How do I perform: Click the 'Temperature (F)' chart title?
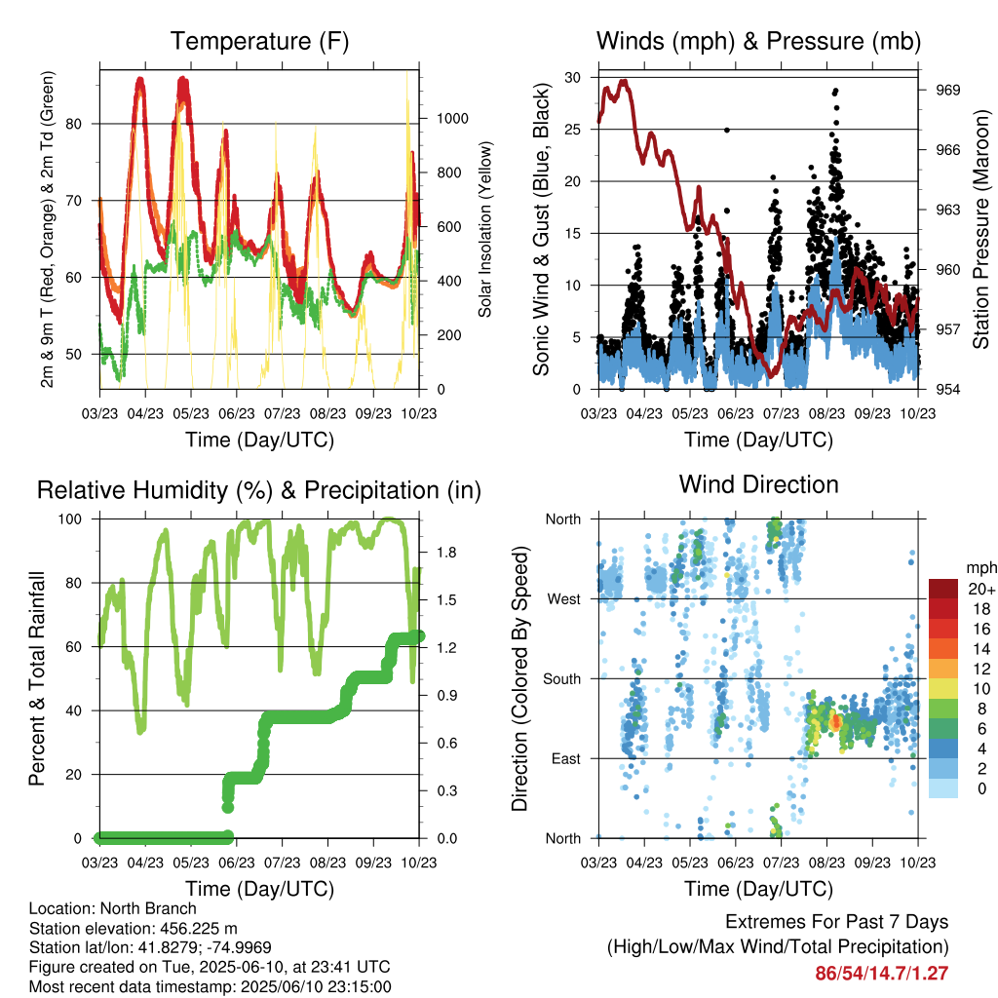point(259,41)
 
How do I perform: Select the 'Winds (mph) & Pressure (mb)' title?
point(758,41)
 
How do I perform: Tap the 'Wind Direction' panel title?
point(758,484)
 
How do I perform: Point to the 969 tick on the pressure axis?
point(947,91)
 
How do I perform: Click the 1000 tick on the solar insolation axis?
point(452,118)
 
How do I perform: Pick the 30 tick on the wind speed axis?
point(573,78)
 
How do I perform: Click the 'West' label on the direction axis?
point(564,599)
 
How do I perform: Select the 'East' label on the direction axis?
point(566,758)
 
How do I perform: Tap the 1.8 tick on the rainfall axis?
point(446,553)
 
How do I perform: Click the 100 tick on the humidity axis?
point(70,519)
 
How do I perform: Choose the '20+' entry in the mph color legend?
point(981,590)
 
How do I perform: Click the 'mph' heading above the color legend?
point(981,568)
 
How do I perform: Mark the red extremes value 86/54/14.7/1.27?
point(881,974)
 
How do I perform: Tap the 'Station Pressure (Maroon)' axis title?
point(980,230)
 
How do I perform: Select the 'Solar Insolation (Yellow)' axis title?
point(485,230)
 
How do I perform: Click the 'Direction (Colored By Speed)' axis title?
point(520,678)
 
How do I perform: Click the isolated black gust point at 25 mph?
point(727,130)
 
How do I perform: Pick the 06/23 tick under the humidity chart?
point(237,863)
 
